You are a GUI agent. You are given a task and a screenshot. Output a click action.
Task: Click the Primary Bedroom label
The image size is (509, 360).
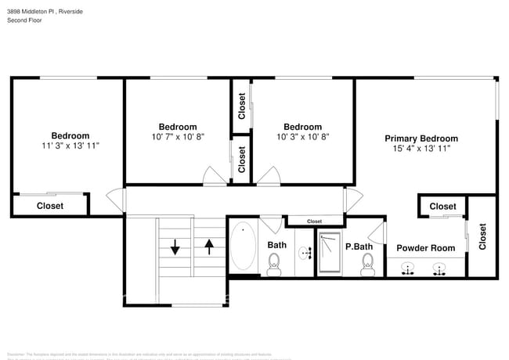point(421,139)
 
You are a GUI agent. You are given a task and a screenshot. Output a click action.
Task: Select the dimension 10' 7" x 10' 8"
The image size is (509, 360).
point(178,137)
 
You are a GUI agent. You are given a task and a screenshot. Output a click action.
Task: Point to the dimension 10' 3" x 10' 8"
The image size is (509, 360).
point(302,137)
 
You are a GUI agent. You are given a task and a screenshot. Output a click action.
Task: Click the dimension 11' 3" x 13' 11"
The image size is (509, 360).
point(70,146)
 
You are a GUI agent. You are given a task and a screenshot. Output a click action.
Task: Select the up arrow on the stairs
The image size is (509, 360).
point(209,247)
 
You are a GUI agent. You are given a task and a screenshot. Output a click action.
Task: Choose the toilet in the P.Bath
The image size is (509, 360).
point(367,268)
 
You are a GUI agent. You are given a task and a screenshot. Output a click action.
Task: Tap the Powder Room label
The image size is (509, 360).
point(425,248)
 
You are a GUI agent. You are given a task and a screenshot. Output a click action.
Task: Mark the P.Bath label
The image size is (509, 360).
point(359,247)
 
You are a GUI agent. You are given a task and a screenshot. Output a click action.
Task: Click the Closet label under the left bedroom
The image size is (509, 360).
point(50,206)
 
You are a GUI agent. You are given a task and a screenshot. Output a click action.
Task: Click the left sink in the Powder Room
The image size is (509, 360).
point(408,269)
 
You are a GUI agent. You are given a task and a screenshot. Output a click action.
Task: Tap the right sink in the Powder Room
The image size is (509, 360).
point(439,269)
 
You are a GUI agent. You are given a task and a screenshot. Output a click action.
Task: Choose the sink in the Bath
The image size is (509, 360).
point(305,252)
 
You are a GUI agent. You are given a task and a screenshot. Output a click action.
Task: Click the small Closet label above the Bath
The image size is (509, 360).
point(314,221)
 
